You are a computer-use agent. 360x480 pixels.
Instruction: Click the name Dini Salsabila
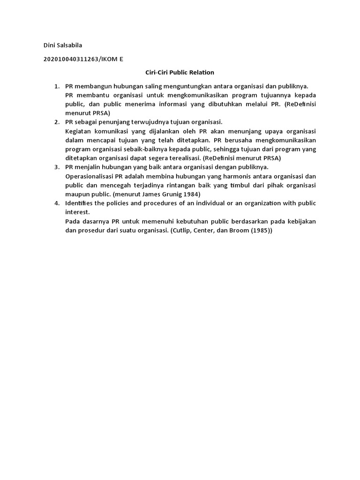pos(62,45)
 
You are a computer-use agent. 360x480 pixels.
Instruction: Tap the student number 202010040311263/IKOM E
pos(83,59)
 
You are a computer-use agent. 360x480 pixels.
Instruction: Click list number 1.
pos(56,86)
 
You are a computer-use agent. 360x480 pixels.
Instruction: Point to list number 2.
pos(56,122)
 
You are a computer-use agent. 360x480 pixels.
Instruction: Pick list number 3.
pos(56,167)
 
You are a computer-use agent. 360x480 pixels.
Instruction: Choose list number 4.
pos(56,203)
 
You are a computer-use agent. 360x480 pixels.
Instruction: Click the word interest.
pos(77,212)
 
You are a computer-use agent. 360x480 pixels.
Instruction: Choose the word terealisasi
pos(181,158)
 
